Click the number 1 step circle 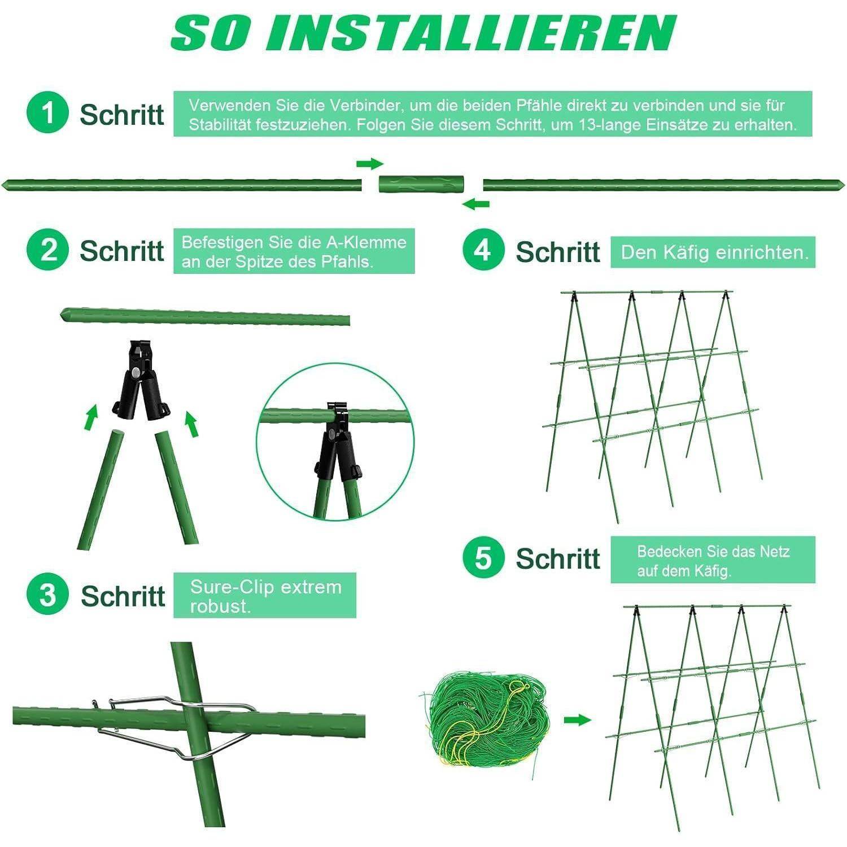point(47,112)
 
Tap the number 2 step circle point(47,249)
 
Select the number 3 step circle point(47,595)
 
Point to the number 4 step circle point(483,249)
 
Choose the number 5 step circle point(483,557)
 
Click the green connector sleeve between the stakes point(421,184)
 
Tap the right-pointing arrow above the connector point(370,164)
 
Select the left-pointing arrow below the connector point(475,204)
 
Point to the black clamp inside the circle point(335,443)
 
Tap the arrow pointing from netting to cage point(577,719)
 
